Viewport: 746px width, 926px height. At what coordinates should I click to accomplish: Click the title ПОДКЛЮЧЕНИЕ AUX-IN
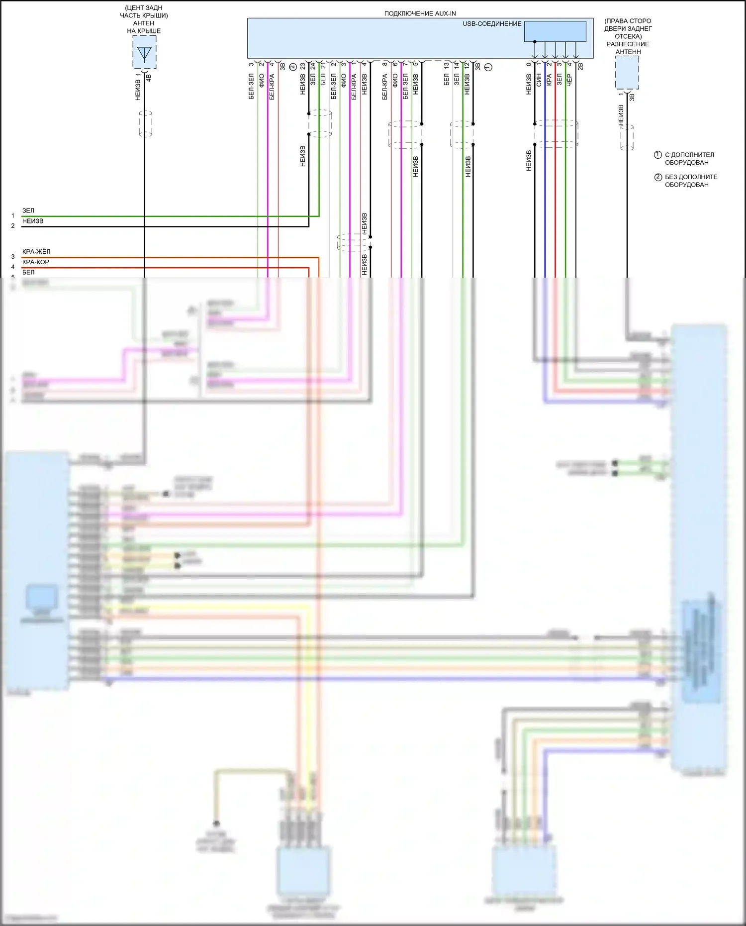(x=420, y=13)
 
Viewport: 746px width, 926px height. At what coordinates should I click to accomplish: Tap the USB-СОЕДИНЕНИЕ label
(x=491, y=24)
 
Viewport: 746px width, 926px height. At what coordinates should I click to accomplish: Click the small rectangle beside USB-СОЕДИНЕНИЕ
(x=555, y=31)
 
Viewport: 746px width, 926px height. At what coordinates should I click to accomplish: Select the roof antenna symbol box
(x=144, y=52)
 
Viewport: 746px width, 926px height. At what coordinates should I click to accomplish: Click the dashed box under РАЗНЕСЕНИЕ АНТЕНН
(x=627, y=73)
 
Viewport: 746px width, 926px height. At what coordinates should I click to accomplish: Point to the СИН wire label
(x=539, y=80)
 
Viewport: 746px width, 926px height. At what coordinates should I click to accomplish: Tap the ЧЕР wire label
(x=569, y=80)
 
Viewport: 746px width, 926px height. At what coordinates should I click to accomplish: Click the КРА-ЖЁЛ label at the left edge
(x=36, y=252)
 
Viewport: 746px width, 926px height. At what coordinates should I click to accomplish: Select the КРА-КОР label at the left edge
(x=36, y=262)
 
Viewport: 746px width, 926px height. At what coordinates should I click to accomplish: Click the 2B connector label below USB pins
(x=580, y=65)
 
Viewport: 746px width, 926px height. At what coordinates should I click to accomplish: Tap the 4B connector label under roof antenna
(x=148, y=78)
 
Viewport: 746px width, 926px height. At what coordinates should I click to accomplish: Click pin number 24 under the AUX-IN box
(x=313, y=66)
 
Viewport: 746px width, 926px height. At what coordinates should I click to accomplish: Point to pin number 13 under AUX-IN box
(x=446, y=65)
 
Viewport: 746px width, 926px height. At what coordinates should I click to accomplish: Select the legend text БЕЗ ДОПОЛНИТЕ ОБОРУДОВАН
(x=691, y=181)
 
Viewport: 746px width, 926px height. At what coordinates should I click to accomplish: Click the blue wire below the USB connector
(x=545, y=199)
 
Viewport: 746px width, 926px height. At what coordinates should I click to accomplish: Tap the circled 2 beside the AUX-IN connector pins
(x=293, y=67)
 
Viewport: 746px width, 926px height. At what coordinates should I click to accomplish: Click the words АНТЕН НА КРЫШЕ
(x=144, y=27)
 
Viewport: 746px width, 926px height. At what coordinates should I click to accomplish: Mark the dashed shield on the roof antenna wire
(x=145, y=123)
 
